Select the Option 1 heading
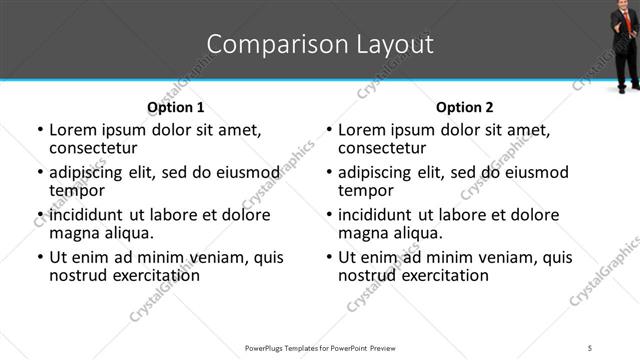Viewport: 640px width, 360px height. [176, 107]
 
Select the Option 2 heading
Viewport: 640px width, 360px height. [465, 107]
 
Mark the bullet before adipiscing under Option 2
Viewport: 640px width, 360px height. [328, 174]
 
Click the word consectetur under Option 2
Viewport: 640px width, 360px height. [385, 148]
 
